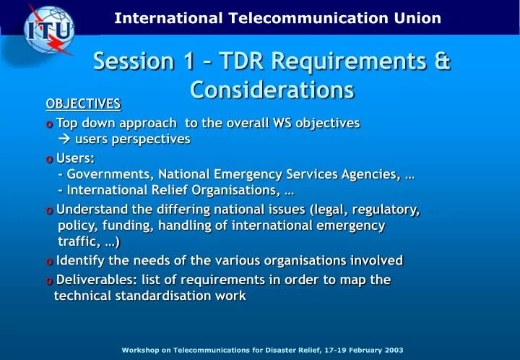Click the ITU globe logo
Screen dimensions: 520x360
[x=49, y=30]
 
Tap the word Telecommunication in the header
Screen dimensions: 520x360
[x=308, y=18]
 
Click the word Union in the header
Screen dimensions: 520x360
[x=417, y=18]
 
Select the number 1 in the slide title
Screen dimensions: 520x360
[x=189, y=61]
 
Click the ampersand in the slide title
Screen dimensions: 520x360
[x=443, y=61]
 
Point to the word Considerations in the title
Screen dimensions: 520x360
[x=272, y=90]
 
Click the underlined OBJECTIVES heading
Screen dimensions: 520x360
[x=83, y=104]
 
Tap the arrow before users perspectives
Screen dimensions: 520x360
[x=64, y=139]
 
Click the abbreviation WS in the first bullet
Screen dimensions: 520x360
[x=282, y=123]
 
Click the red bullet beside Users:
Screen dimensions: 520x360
[x=49, y=160]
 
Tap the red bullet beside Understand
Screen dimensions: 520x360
[x=49, y=210]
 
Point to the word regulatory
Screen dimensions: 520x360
[x=386, y=210]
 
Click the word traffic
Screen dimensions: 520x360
[x=77, y=241]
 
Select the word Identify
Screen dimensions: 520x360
[x=80, y=260]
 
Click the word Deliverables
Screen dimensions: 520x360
[x=96, y=280]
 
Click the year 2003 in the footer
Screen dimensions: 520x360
[x=394, y=350]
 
